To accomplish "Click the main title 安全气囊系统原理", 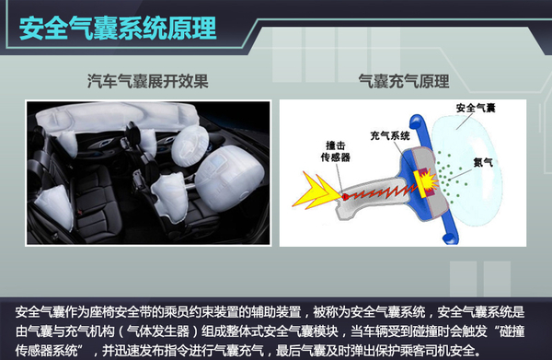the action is pyautogui.click(x=118, y=29).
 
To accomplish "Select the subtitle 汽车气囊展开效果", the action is pyautogui.click(x=148, y=81).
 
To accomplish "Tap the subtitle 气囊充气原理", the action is pyautogui.click(x=404, y=81).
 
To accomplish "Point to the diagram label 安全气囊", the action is pyautogui.click(x=476, y=108).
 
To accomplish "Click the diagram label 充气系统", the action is pyautogui.click(x=390, y=135).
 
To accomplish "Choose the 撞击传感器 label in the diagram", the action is pyautogui.click(x=336, y=151).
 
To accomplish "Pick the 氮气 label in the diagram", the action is pyautogui.click(x=483, y=162).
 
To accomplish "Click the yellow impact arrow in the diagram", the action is pyautogui.click(x=315, y=191).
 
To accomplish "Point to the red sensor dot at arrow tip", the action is pyautogui.click(x=345, y=196).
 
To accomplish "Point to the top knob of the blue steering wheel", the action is pyautogui.click(x=417, y=122).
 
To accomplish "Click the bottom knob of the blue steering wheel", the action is pyautogui.click(x=451, y=238).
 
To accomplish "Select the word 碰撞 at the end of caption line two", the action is pyautogui.click(x=512, y=331).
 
